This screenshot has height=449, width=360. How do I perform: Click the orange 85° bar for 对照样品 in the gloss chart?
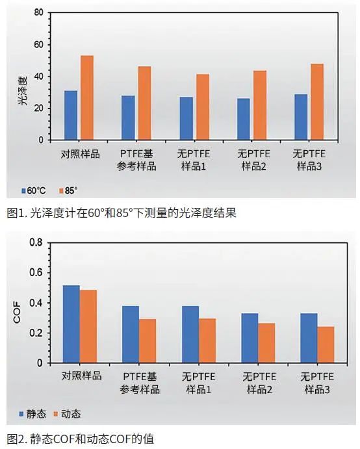click(87, 97)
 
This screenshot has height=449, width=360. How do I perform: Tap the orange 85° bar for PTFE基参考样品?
click(144, 103)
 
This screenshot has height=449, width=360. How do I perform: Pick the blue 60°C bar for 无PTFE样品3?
click(300, 117)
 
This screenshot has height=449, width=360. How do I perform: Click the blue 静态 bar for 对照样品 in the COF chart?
click(71, 324)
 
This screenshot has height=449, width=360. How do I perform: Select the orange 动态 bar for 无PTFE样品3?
click(326, 344)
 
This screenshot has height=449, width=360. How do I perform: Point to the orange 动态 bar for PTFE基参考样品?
click(148, 340)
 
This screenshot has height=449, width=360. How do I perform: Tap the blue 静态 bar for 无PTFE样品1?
click(190, 334)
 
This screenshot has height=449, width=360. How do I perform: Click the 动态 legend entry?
click(67, 413)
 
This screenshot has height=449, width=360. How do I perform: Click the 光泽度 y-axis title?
click(21, 93)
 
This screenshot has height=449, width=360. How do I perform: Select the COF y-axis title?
click(17, 313)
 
